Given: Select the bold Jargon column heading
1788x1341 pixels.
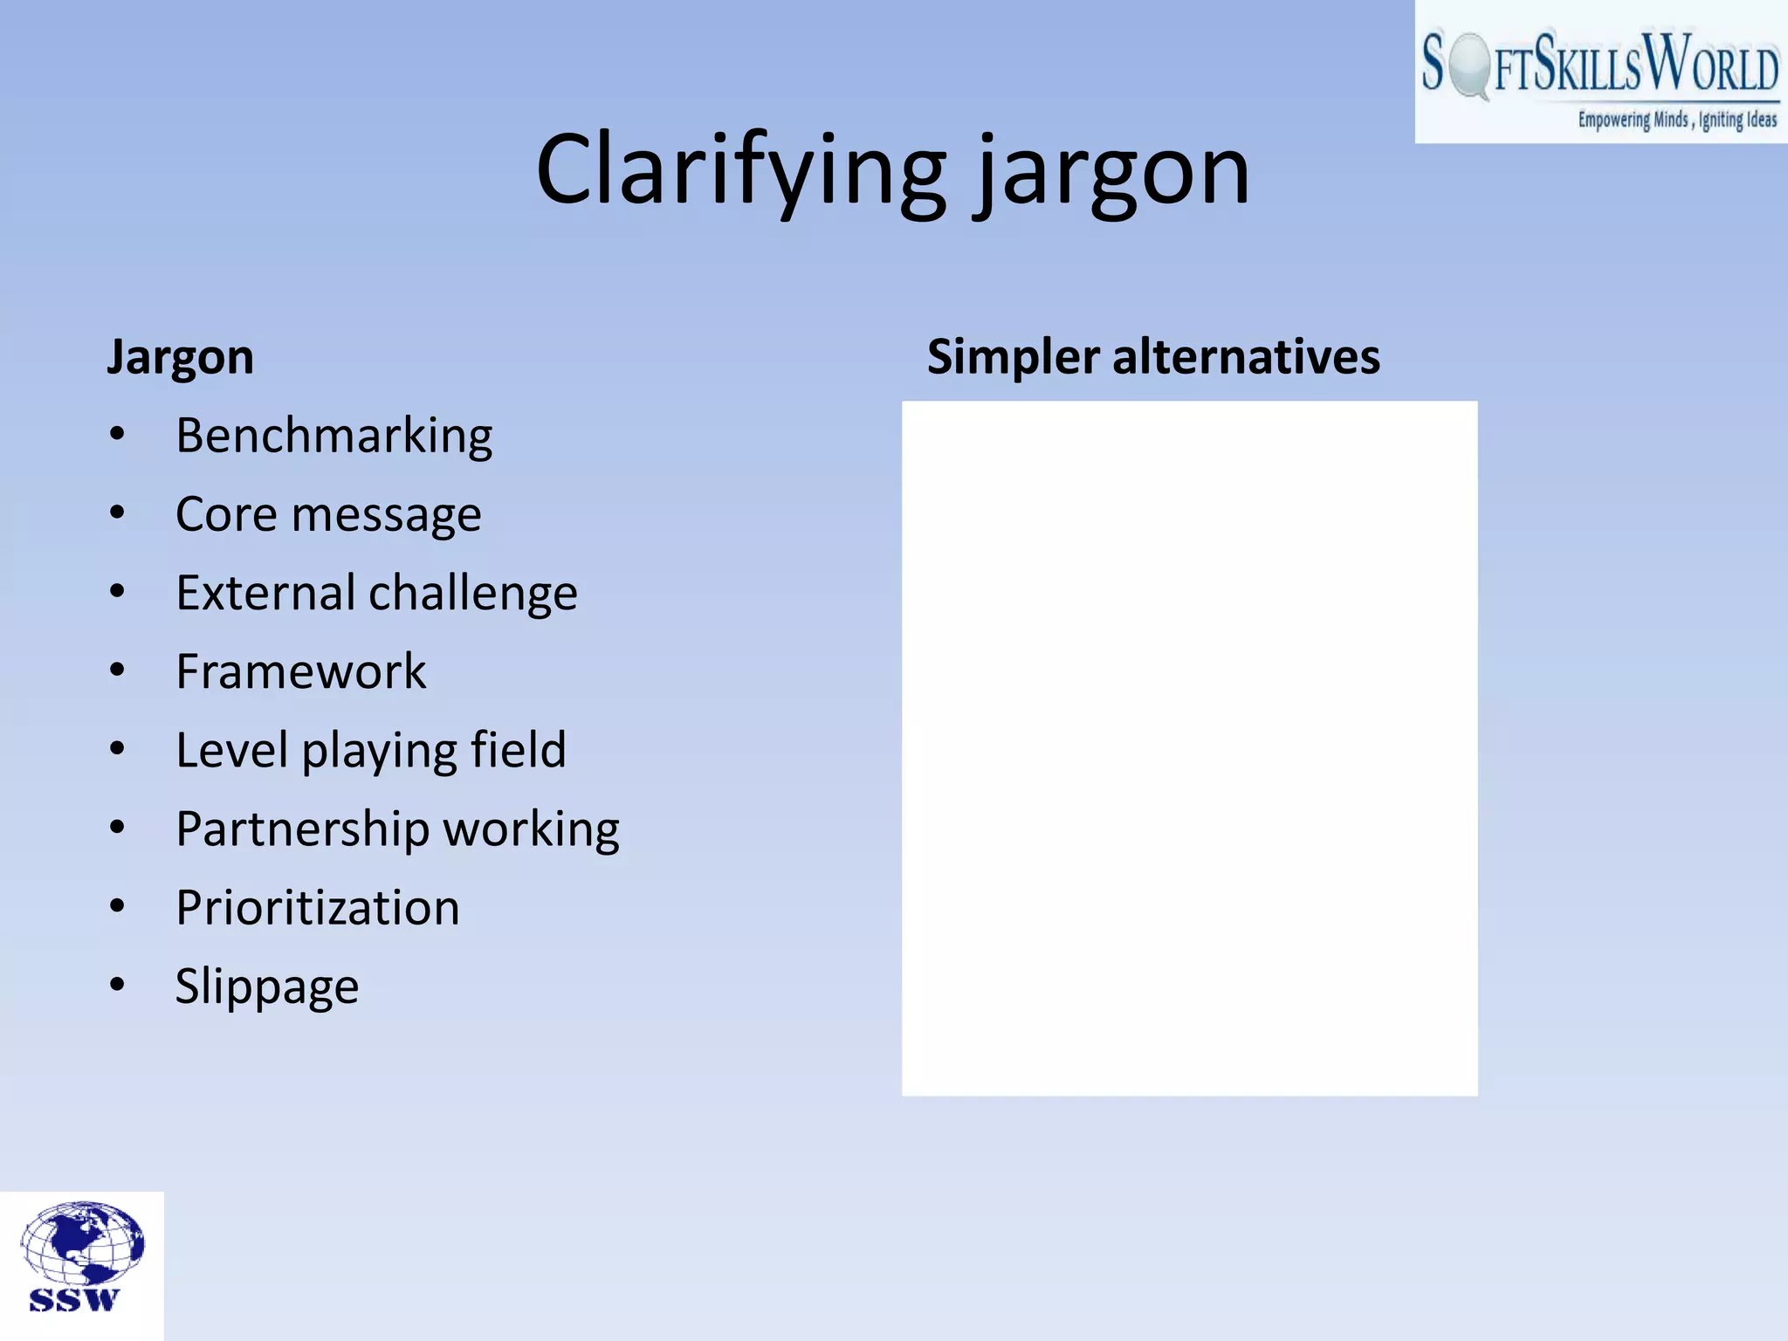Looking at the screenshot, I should click(x=180, y=357).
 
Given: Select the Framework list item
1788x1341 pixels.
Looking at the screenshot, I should click(x=300, y=671).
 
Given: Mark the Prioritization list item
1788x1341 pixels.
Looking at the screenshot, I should click(x=317, y=908).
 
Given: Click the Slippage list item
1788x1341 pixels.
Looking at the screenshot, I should click(x=266, y=987).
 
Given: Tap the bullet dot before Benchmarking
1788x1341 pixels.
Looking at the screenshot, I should click(x=117, y=434).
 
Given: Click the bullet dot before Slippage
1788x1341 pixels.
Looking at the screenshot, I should click(x=117, y=985).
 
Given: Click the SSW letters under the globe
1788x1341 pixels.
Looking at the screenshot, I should click(x=73, y=1300).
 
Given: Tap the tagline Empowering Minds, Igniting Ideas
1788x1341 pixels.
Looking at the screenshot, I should click(x=1676, y=120).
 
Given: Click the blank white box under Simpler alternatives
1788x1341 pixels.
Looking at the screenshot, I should click(x=1189, y=748).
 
